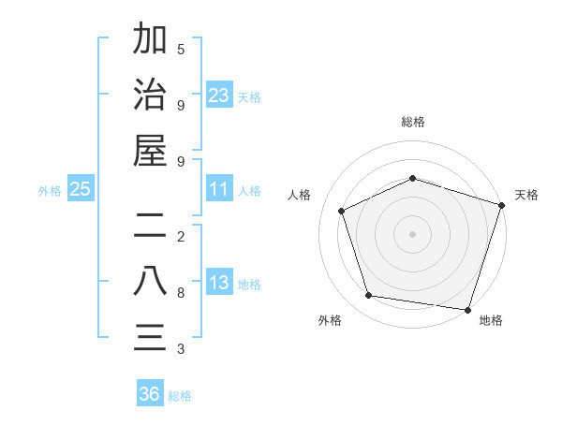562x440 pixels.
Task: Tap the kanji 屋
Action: (150, 151)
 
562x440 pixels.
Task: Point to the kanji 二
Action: (150, 225)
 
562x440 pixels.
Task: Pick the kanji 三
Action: (150, 337)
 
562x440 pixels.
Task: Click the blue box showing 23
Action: (219, 95)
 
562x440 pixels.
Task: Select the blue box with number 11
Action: (219, 189)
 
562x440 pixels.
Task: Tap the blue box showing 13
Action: (219, 283)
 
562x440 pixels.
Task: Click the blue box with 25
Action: (81, 189)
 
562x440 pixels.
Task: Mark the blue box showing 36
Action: (150, 394)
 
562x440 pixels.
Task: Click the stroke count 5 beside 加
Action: (181, 49)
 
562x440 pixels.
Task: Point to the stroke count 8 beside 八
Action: (181, 293)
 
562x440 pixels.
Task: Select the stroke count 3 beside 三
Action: (181, 349)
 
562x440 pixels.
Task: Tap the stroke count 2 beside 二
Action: (181, 237)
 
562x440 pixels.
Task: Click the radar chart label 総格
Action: (412, 122)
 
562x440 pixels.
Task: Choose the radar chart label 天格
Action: (526, 195)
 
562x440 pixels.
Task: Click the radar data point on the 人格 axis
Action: (342, 211)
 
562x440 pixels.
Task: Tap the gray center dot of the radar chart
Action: (412, 233)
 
